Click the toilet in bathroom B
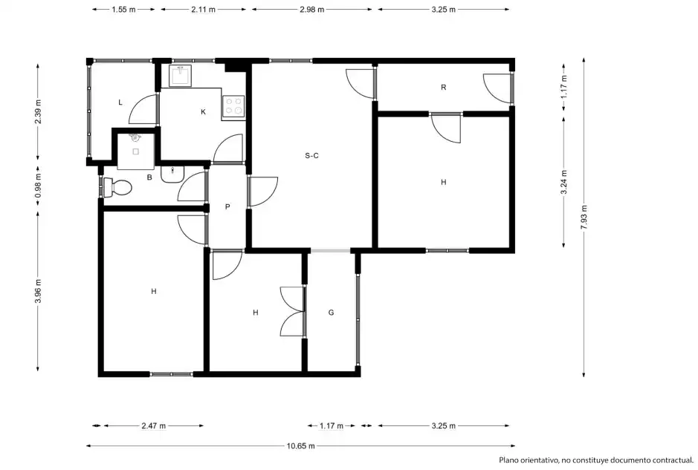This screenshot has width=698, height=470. pos(118,187)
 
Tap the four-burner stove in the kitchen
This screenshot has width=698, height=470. pos(233,107)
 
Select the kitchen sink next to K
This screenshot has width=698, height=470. pos(181,76)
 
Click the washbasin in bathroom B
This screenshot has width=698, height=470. pos(172,174)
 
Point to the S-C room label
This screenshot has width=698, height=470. pos(311,156)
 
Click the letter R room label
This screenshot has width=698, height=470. pos(443,87)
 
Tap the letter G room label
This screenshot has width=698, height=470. pos(331,313)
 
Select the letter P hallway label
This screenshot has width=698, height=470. pos(227,206)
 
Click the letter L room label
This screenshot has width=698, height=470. pos(120,102)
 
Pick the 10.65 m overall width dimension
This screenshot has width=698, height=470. pos(301,446)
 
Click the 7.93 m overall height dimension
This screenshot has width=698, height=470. pos(584,217)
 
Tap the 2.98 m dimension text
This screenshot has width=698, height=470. pos(312,10)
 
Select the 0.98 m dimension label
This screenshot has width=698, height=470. pos(38,186)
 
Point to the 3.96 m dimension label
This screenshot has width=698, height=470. pos(38,291)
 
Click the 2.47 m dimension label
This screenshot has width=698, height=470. pos(154,426)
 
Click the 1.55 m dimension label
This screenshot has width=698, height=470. pos(123,10)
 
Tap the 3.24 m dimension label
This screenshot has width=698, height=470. pos(564,183)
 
